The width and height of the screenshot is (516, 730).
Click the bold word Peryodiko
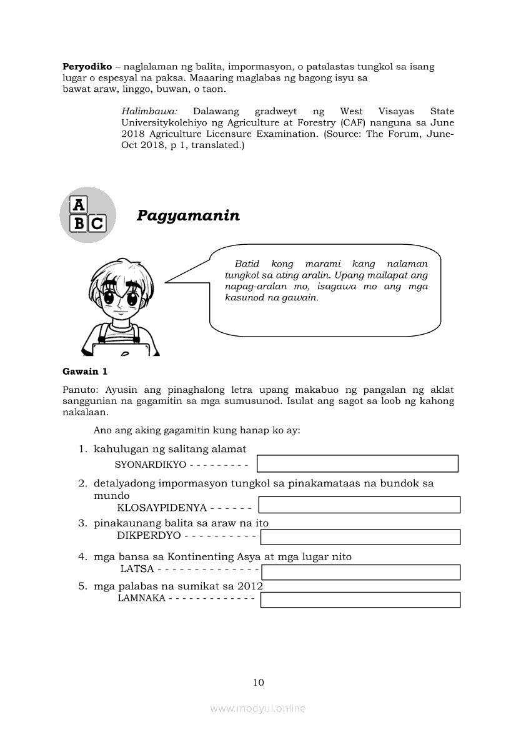coord(87,66)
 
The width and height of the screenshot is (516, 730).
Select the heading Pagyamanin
coord(188,215)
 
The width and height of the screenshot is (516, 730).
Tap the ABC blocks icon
coord(87,215)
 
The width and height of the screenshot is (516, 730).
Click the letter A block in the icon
coord(79,205)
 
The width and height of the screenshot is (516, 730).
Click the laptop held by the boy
coord(121,350)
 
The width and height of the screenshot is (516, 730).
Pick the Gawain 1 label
coord(85,372)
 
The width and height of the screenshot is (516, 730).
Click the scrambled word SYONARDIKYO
coord(151,465)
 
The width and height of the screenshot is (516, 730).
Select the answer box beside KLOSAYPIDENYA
coord(359,505)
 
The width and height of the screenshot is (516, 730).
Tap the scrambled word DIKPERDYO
coord(149,536)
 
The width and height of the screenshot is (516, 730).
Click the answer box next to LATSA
coord(360,572)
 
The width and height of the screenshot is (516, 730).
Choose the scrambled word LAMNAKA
coord(141,598)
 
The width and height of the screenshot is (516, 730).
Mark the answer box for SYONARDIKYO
coord(357,463)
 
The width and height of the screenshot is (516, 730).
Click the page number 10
coord(259,682)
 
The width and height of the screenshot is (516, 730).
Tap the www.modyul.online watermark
coord(258,708)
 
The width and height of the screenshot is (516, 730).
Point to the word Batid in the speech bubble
coord(247,264)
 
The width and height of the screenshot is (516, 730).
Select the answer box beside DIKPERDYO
coord(360,537)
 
